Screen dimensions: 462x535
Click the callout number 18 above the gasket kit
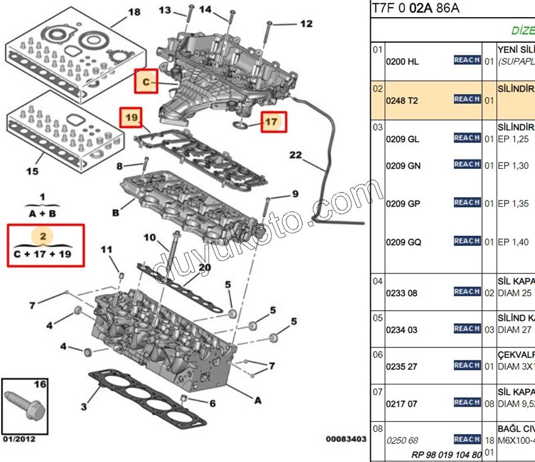134,12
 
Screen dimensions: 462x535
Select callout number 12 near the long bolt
306,24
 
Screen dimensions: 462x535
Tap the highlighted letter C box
146,82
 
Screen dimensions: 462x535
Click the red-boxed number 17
271,122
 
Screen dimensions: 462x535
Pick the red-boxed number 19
131,117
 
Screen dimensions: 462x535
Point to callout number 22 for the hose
296,155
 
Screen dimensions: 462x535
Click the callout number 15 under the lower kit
32,171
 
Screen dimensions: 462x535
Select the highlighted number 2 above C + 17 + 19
43,236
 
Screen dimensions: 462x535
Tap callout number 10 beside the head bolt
149,238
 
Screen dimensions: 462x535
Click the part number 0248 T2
402,100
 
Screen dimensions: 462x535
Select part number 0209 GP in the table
403,204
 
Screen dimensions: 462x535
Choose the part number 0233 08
402,293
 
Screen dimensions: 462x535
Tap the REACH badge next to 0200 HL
467,61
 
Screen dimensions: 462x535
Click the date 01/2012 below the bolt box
18,438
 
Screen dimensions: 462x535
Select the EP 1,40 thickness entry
512,242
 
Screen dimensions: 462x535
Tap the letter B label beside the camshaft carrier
116,213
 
